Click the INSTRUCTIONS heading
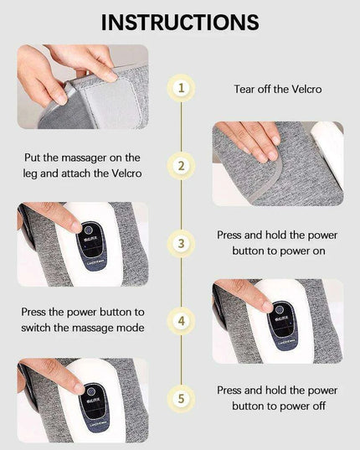coord(179,22)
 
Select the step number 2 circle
coord(180,166)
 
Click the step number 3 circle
coord(180,244)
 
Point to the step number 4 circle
coord(180,321)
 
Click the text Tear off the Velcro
coord(276,87)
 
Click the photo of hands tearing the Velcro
coord(82,86)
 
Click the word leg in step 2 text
coord(52,173)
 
